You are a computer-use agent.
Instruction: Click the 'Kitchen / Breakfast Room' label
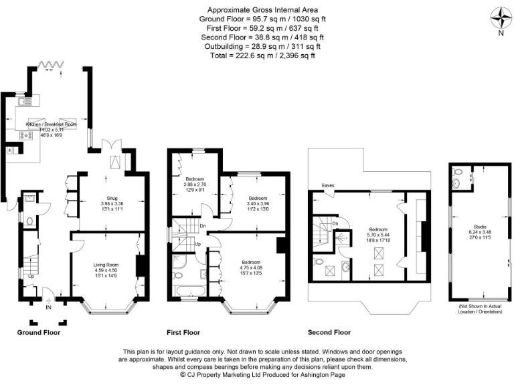point(51,125)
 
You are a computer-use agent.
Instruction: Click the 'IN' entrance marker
point(48,307)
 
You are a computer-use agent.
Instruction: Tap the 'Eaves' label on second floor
point(328,186)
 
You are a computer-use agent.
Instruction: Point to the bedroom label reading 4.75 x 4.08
point(252,265)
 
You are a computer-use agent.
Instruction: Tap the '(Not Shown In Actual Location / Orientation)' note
point(480,309)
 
